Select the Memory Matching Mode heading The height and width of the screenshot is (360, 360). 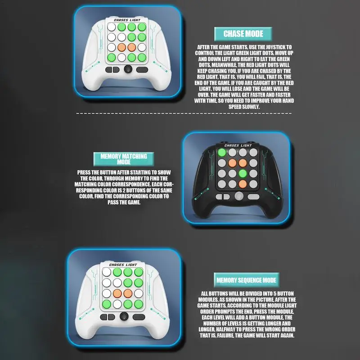(123, 159)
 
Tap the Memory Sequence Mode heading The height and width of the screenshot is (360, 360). (246, 280)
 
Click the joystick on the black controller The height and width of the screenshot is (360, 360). (238, 196)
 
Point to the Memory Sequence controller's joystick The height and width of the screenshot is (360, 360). (123, 317)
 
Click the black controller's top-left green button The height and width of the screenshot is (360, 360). (222, 153)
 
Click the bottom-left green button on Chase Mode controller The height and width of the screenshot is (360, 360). (111, 57)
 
